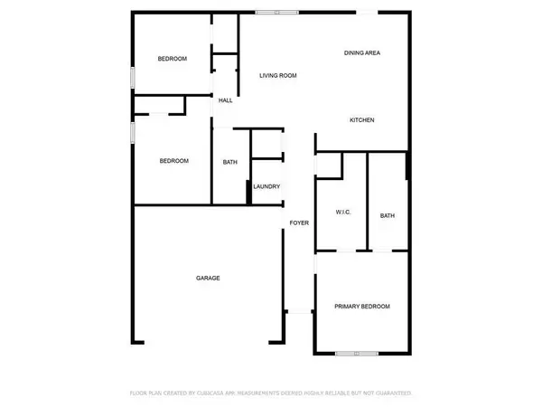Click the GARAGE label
click(x=209, y=278)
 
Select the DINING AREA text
click(x=361, y=53)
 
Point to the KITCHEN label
click(x=362, y=120)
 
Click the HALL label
click(x=226, y=100)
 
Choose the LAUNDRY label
click(x=266, y=186)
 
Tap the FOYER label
click(x=299, y=222)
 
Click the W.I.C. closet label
click(x=341, y=213)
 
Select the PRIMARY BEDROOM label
click(x=361, y=307)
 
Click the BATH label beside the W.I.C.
click(x=388, y=215)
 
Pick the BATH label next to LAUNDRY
click(x=230, y=162)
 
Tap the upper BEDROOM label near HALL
click(x=173, y=59)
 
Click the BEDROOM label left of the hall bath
click(x=174, y=161)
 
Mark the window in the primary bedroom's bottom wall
click(x=357, y=353)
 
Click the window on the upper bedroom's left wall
click(x=134, y=78)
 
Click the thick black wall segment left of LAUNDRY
click(x=248, y=193)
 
